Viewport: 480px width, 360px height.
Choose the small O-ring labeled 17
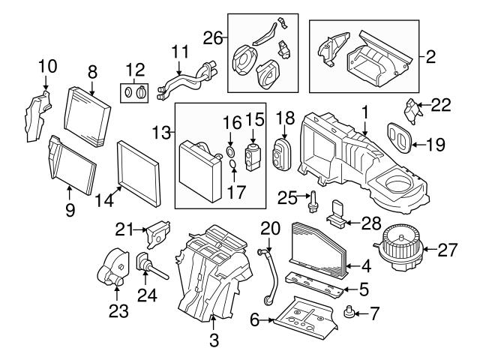pyautogui.click(x=233, y=166)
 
